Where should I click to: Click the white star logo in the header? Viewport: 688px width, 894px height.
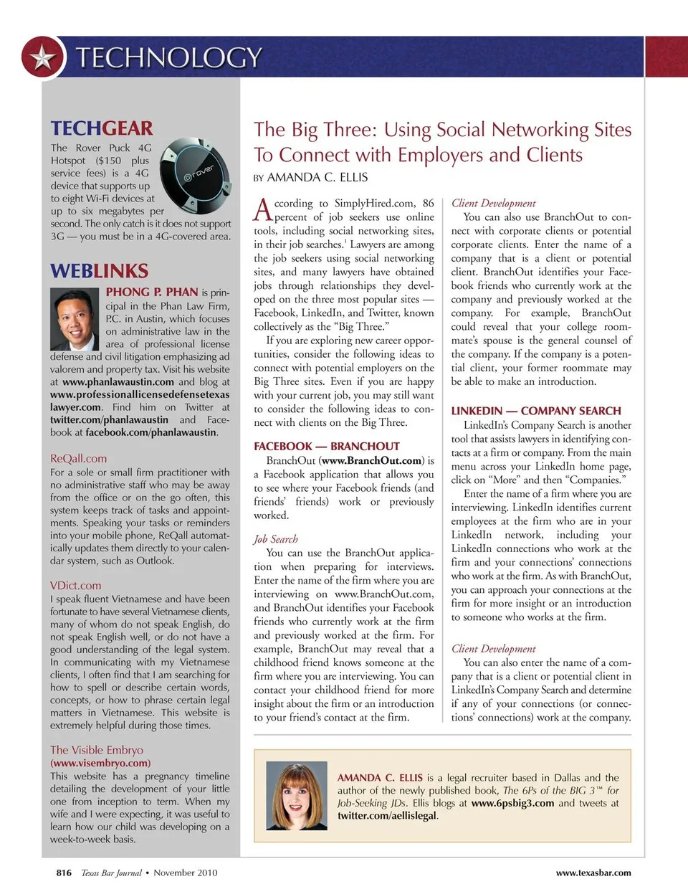(43, 57)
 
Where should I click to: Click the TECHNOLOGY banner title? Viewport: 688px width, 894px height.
(169, 57)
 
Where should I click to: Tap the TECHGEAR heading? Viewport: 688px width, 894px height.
(101, 128)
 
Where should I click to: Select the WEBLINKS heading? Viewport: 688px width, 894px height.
(99, 271)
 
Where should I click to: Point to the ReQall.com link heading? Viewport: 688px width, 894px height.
(78, 458)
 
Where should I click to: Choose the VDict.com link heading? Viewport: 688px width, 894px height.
(75, 585)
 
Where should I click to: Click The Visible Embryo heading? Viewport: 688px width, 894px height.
(97, 750)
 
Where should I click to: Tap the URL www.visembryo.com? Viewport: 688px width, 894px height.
(100, 763)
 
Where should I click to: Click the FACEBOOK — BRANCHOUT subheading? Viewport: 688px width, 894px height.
(327, 446)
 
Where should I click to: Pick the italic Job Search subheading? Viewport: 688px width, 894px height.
(275, 539)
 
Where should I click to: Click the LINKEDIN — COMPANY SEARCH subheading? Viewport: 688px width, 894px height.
(536, 411)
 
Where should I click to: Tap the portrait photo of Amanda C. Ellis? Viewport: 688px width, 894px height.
(292, 796)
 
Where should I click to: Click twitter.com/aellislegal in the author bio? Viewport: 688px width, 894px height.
(387, 816)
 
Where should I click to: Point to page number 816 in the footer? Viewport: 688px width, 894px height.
(64, 872)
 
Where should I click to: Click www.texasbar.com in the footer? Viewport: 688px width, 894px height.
(593, 872)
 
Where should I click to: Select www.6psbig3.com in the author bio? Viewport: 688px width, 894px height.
(512, 803)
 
